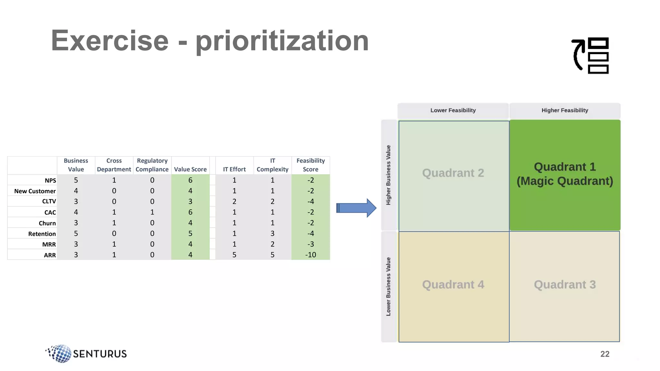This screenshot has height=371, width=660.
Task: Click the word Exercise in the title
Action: click(x=110, y=41)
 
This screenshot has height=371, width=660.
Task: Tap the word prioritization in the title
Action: click(x=282, y=41)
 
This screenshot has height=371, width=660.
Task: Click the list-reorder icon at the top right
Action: click(x=590, y=55)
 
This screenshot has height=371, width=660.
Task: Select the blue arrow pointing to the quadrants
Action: click(x=356, y=208)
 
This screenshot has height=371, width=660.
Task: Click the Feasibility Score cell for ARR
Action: click(x=310, y=255)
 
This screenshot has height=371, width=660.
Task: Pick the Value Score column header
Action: click(x=190, y=169)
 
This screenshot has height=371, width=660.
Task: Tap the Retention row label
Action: click(x=42, y=234)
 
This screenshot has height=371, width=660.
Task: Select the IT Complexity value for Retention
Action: click(x=272, y=233)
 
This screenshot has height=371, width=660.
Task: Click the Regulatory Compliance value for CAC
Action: click(x=152, y=212)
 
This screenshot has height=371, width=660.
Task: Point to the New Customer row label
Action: click(x=35, y=191)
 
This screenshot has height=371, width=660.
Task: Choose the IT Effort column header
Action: click(x=234, y=169)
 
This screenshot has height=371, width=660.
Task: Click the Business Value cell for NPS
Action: click(x=76, y=180)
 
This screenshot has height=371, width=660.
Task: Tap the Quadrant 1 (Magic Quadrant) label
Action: click(x=565, y=174)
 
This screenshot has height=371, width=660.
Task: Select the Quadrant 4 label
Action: click(x=453, y=285)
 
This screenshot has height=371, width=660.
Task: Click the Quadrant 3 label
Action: click(x=565, y=285)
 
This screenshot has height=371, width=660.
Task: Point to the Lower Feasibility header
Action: click(x=453, y=110)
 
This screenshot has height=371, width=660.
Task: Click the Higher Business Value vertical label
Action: click(x=388, y=175)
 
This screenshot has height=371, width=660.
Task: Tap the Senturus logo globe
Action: click(x=60, y=353)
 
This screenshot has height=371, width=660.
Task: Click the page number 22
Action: click(x=605, y=354)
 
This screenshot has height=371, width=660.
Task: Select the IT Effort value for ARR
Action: click(x=234, y=255)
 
